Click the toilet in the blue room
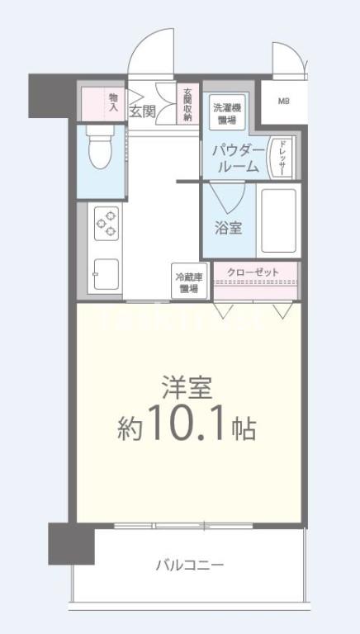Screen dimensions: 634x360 [100, 149]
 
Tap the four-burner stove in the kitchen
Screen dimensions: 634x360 [107, 222]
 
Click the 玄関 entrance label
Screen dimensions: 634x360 [142, 112]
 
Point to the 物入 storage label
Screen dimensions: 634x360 [113, 102]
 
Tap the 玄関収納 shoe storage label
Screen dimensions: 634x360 [188, 104]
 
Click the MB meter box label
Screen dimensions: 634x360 [283, 102]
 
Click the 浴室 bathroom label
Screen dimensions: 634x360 [229, 228]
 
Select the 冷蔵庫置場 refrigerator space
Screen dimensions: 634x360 [189, 283]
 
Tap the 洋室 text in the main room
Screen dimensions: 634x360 [187, 388]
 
